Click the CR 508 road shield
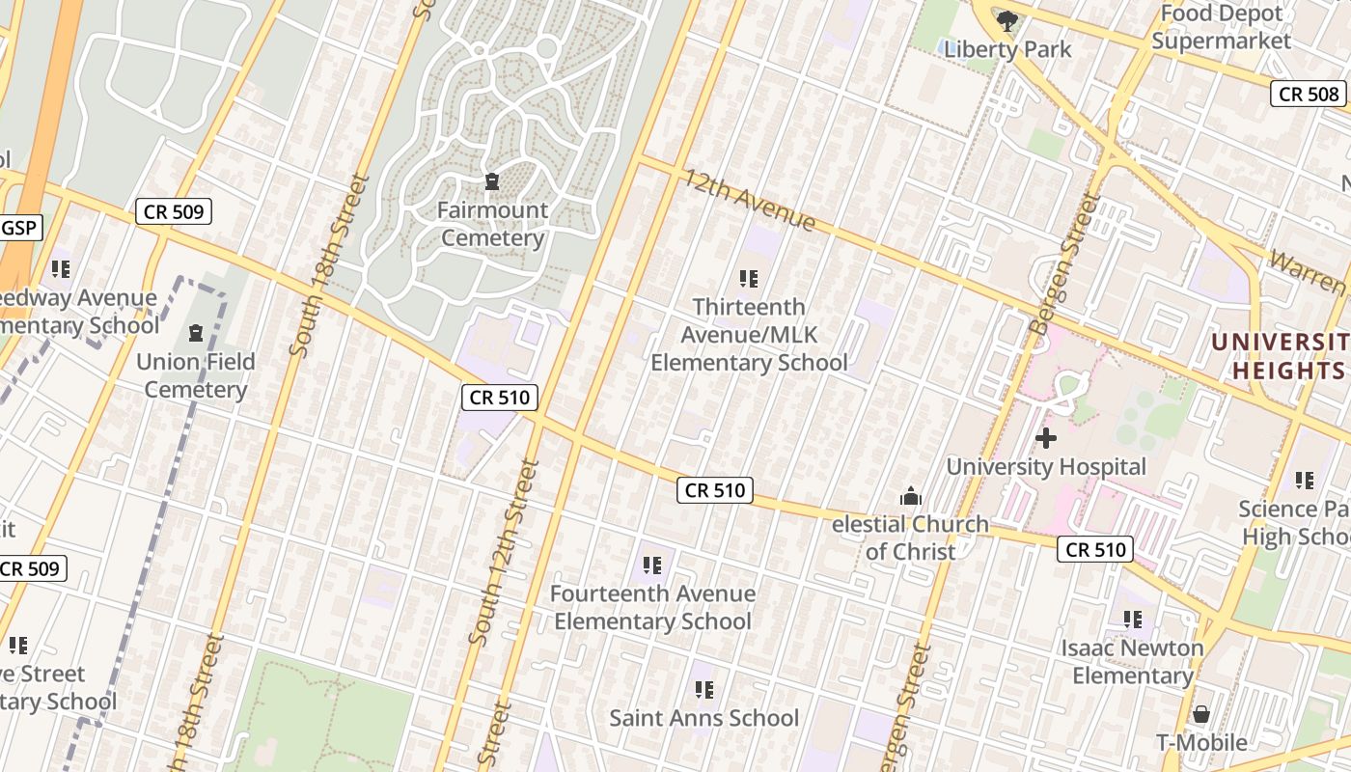pyautogui.click(x=1310, y=94)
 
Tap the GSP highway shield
pyautogui.click(x=19, y=229)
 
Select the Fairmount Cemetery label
pyautogui.click(x=493, y=224)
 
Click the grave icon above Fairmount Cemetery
pyautogui.click(x=492, y=181)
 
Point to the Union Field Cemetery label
pyautogui.click(x=196, y=375)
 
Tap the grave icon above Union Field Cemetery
pyautogui.click(x=196, y=333)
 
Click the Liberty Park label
pyautogui.click(x=1007, y=49)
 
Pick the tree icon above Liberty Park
pyautogui.click(x=1007, y=20)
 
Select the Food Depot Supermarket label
pyautogui.click(x=1221, y=27)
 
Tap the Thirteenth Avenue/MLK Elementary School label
pyautogui.click(x=749, y=335)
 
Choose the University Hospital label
pyautogui.click(x=1046, y=467)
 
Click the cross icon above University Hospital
pyautogui.click(x=1046, y=439)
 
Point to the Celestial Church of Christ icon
pyautogui.click(x=910, y=497)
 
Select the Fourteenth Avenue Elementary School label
pyautogui.click(x=652, y=607)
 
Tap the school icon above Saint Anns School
pyautogui.click(x=704, y=690)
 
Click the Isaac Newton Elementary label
pyautogui.click(x=1133, y=661)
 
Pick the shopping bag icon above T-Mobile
pyautogui.click(x=1201, y=714)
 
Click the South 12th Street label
pyautogui.click(x=502, y=552)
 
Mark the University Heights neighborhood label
pyautogui.click(x=1279, y=356)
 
